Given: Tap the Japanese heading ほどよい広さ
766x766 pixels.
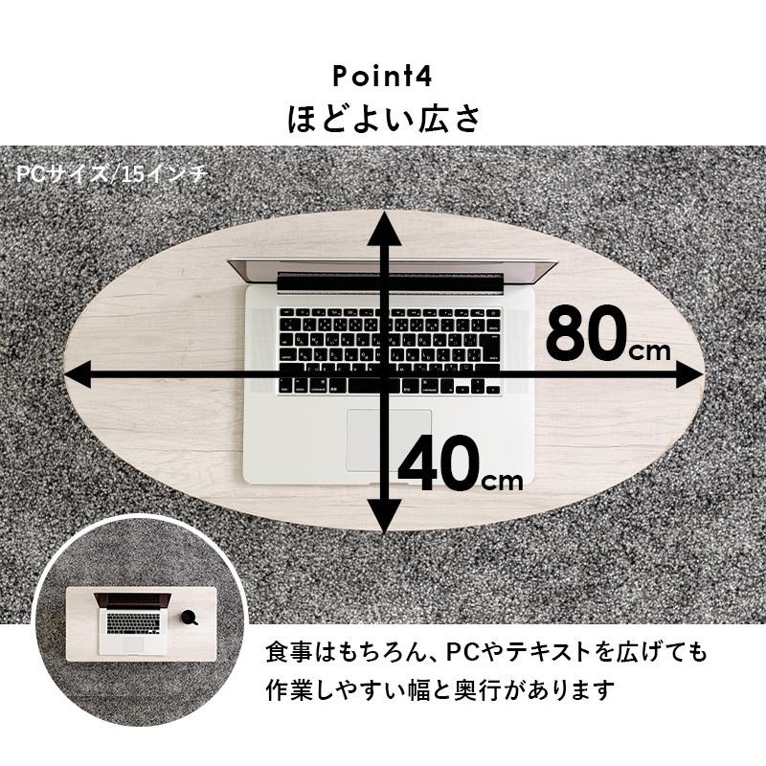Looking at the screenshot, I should (x=383, y=120).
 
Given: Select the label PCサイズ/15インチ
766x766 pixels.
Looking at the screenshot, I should (x=111, y=175).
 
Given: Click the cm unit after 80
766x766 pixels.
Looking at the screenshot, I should (x=652, y=349).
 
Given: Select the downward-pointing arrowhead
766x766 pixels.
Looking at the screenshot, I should (x=386, y=518).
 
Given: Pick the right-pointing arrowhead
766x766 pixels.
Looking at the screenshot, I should (x=690, y=374).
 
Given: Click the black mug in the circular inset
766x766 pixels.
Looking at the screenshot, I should (x=189, y=618).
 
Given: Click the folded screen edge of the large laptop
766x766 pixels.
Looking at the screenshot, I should (x=393, y=271).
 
